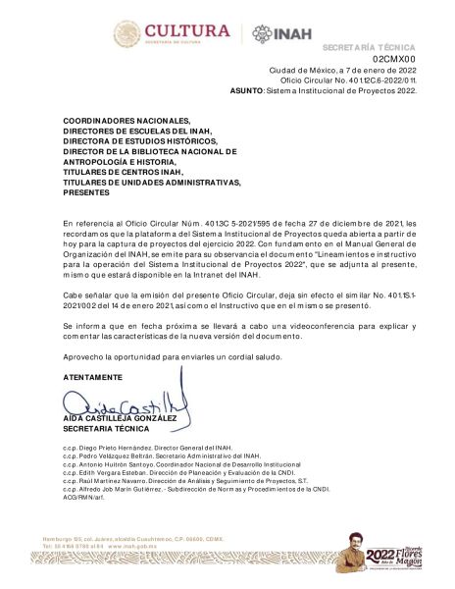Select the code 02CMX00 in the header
click(x=394, y=60)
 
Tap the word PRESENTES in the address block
click(x=86, y=192)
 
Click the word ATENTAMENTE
click(x=92, y=377)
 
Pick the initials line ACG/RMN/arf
click(x=82, y=499)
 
